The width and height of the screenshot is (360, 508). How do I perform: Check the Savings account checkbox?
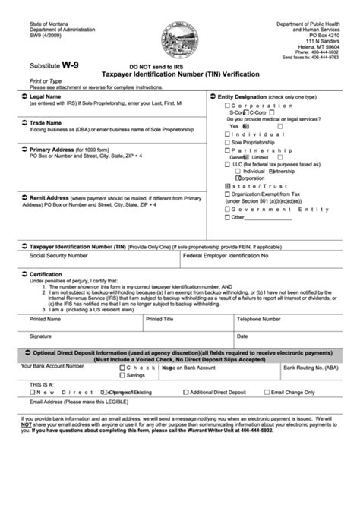(123, 374)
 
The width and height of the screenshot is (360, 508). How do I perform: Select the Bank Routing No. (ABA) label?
(311, 366)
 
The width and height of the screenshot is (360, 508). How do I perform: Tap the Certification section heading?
(46, 273)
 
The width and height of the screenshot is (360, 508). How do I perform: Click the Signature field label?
(41, 335)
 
